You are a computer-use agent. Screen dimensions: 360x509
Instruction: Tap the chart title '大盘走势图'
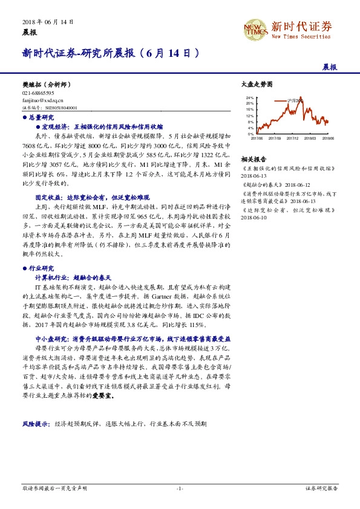[x=254, y=85]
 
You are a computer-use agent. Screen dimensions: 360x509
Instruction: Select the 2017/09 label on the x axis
[x=275, y=138]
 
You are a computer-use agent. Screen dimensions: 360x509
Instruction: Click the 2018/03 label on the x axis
[x=310, y=138]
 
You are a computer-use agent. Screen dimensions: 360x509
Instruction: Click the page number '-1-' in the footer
[x=180, y=488]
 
